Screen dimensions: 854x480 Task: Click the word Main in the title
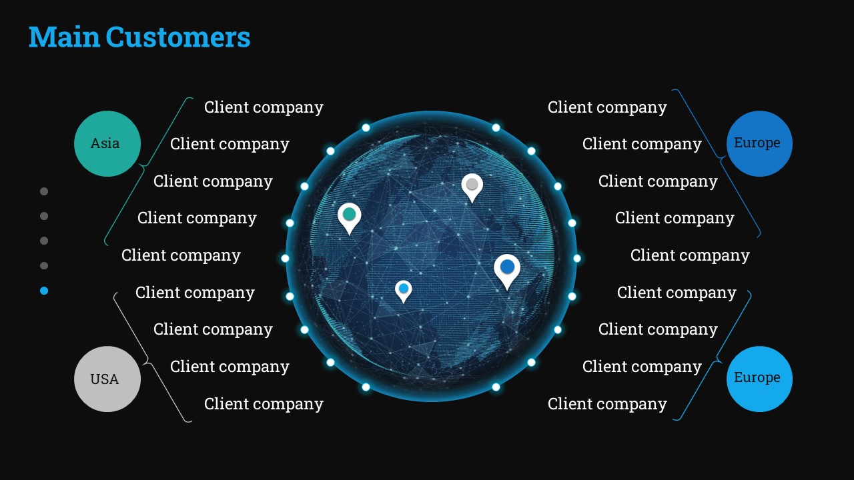(x=65, y=37)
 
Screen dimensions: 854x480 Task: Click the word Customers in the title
(x=178, y=37)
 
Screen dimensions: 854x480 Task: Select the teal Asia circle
(x=107, y=143)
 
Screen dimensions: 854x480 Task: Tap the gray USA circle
(x=107, y=379)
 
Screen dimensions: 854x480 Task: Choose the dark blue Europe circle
(x=759, y=143)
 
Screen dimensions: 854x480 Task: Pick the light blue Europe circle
(x=759, y=379)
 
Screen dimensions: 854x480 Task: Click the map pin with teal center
(x=349, y=218)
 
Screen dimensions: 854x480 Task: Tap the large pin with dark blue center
(x=507, y=271)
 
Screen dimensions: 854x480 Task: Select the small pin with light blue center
(x=404, y=291)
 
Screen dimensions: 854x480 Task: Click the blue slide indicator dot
(x=44, y=291)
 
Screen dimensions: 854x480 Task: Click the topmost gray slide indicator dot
(x=44, y=191)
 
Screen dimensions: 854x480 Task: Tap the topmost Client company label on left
(x=264, y=107)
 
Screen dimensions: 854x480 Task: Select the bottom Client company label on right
(x=607, y=404)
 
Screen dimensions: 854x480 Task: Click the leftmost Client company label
(x=181, y=255)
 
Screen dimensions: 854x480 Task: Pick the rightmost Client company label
(x=690, y=255)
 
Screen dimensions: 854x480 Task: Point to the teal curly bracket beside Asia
(x=142, y=166)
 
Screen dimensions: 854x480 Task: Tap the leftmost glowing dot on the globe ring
(x=285, y=258)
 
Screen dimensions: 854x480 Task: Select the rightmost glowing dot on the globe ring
(x=577, y=258)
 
